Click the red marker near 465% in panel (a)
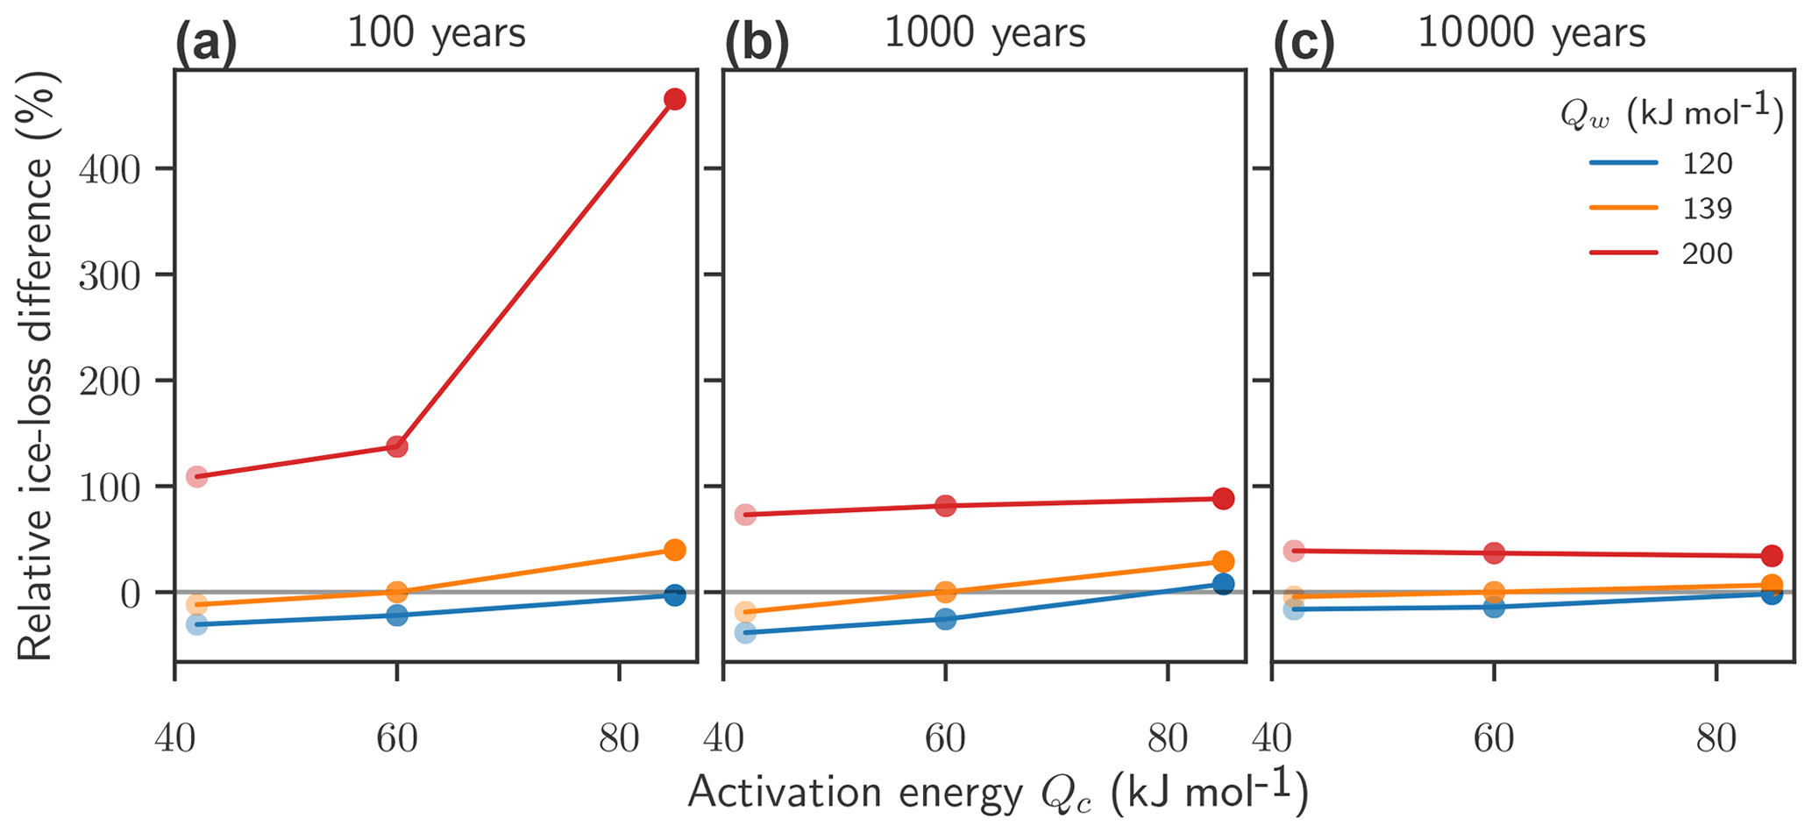(x=674, y=99)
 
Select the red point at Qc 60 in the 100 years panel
(x=397, y=446)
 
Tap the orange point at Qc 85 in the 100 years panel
(x=674, y=550)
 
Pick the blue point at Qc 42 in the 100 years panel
(x=197, y=624)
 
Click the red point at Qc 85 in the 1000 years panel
(x=1223, y=499)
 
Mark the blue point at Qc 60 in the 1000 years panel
(x=945, y=619)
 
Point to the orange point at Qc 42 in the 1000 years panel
(x=745, y=612)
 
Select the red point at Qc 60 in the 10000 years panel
(x=1494, y=553)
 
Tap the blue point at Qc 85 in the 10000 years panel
(x=1772, y=594)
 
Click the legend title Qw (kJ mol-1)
(x=1671, y=115)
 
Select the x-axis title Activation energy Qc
(x=998, y=792)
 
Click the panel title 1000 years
(x=984, y=33)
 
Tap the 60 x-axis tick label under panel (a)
(x=397, y=739)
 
